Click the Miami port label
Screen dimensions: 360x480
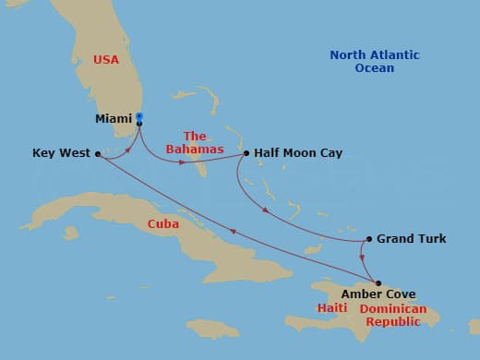(x=113, y=119)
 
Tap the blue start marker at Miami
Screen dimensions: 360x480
(x=139, y=116)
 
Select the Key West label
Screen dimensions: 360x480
(x=61, y=153)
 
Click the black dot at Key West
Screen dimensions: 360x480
(x=98, y=154)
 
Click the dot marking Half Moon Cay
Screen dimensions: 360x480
(x=246, y=153)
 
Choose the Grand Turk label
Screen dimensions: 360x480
(x=411, y=239)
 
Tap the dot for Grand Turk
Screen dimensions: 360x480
(x=369, y=239)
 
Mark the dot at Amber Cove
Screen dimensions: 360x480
(x=378, y=283)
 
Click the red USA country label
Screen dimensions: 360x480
(x=106, y=60)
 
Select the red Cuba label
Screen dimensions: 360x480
(x=162, y=224)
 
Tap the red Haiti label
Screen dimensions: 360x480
(x=331, y=308)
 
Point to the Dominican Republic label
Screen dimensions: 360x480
(x=393, y=315)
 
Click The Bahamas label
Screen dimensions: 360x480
(x=195, y=142)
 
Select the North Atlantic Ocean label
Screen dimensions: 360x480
(x=374, y=61)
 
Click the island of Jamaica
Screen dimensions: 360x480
(x=212, y=328)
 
